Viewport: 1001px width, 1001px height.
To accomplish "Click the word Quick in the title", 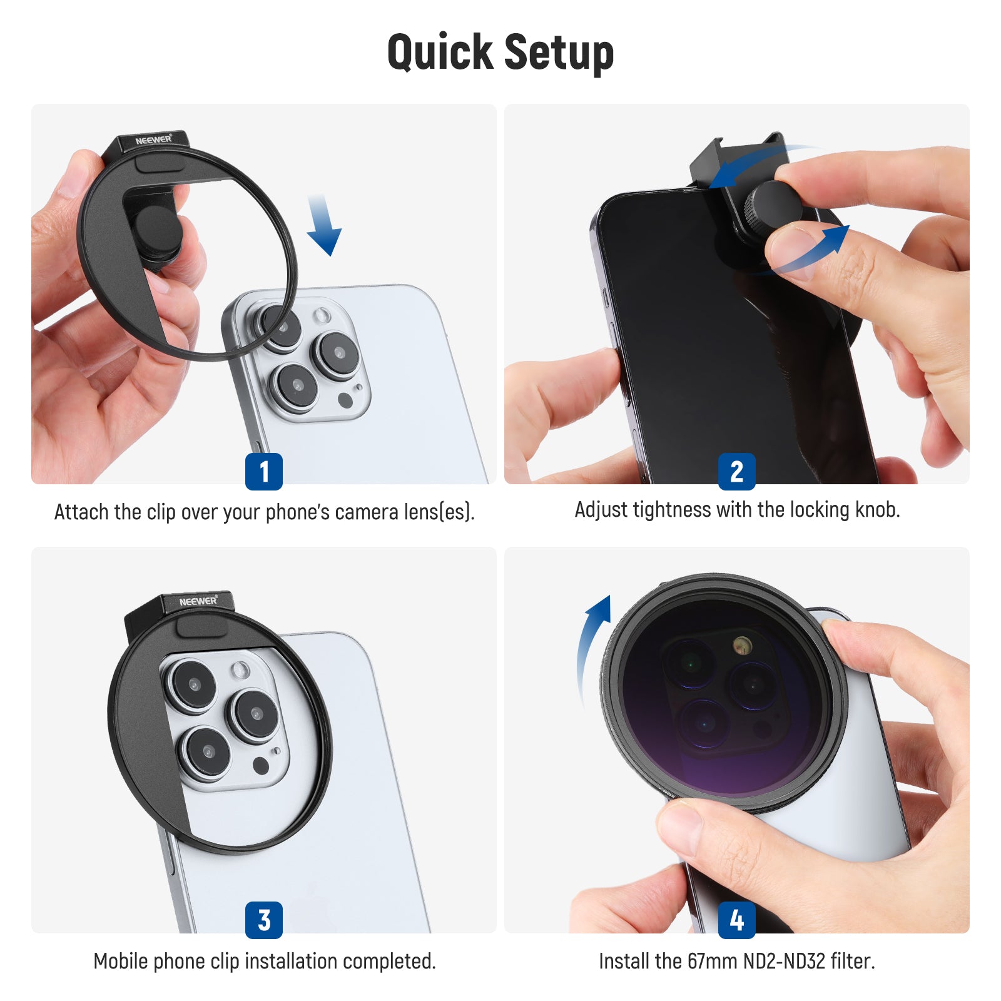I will click(440, 53).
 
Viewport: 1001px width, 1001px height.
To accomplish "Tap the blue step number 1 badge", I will click(263, 471).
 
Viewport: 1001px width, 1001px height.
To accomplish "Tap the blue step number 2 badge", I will click(736, 471).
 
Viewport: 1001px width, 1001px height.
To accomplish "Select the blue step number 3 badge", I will click(263, 920).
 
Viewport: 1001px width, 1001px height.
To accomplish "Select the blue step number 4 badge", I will click(736, 920).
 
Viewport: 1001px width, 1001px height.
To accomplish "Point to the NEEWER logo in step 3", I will click(198, 601).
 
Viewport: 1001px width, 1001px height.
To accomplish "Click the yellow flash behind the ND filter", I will click(743, 645).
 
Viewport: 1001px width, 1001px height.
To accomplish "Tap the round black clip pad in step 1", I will click(157, 231).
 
